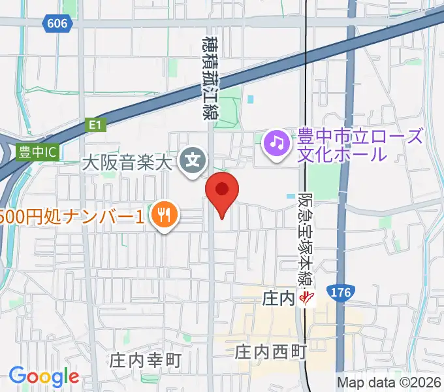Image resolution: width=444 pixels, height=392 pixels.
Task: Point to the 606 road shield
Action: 57,23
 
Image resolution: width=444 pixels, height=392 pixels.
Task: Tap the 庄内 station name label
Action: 279,299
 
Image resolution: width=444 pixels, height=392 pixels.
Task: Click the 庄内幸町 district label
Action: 145,359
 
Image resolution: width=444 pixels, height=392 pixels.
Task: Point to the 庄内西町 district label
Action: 270,353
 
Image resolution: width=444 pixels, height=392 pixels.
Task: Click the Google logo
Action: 44,376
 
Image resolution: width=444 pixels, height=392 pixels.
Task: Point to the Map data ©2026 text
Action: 389,382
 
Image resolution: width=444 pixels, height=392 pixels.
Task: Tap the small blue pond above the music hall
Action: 251,99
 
